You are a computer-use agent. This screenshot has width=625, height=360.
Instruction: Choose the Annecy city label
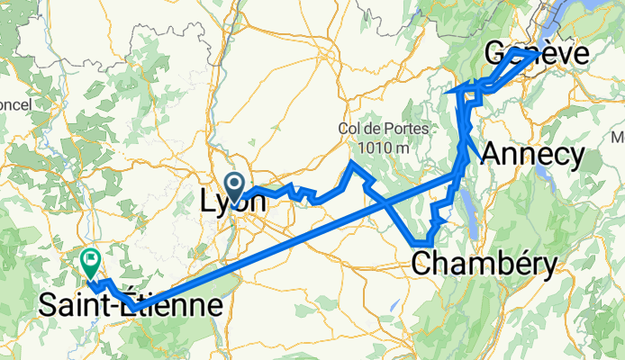(x=532, y=154)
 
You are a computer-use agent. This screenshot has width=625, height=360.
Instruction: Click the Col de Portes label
(x=376, y=128)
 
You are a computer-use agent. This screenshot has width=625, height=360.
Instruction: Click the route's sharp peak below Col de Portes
(x=351, y=163)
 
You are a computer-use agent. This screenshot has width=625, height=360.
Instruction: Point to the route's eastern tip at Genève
(x=538, y=53)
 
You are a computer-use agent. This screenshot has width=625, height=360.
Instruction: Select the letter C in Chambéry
(x=421, y=263)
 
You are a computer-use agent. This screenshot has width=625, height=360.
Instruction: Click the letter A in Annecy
(x=494, y=154)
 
